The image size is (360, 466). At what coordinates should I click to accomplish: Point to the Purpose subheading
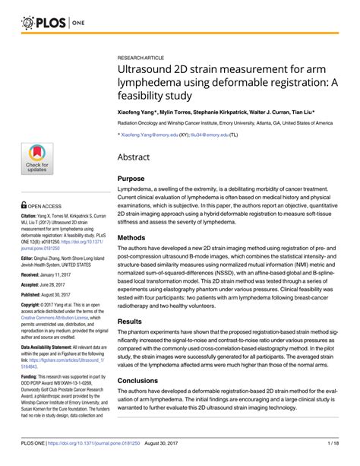click(131, 179)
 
